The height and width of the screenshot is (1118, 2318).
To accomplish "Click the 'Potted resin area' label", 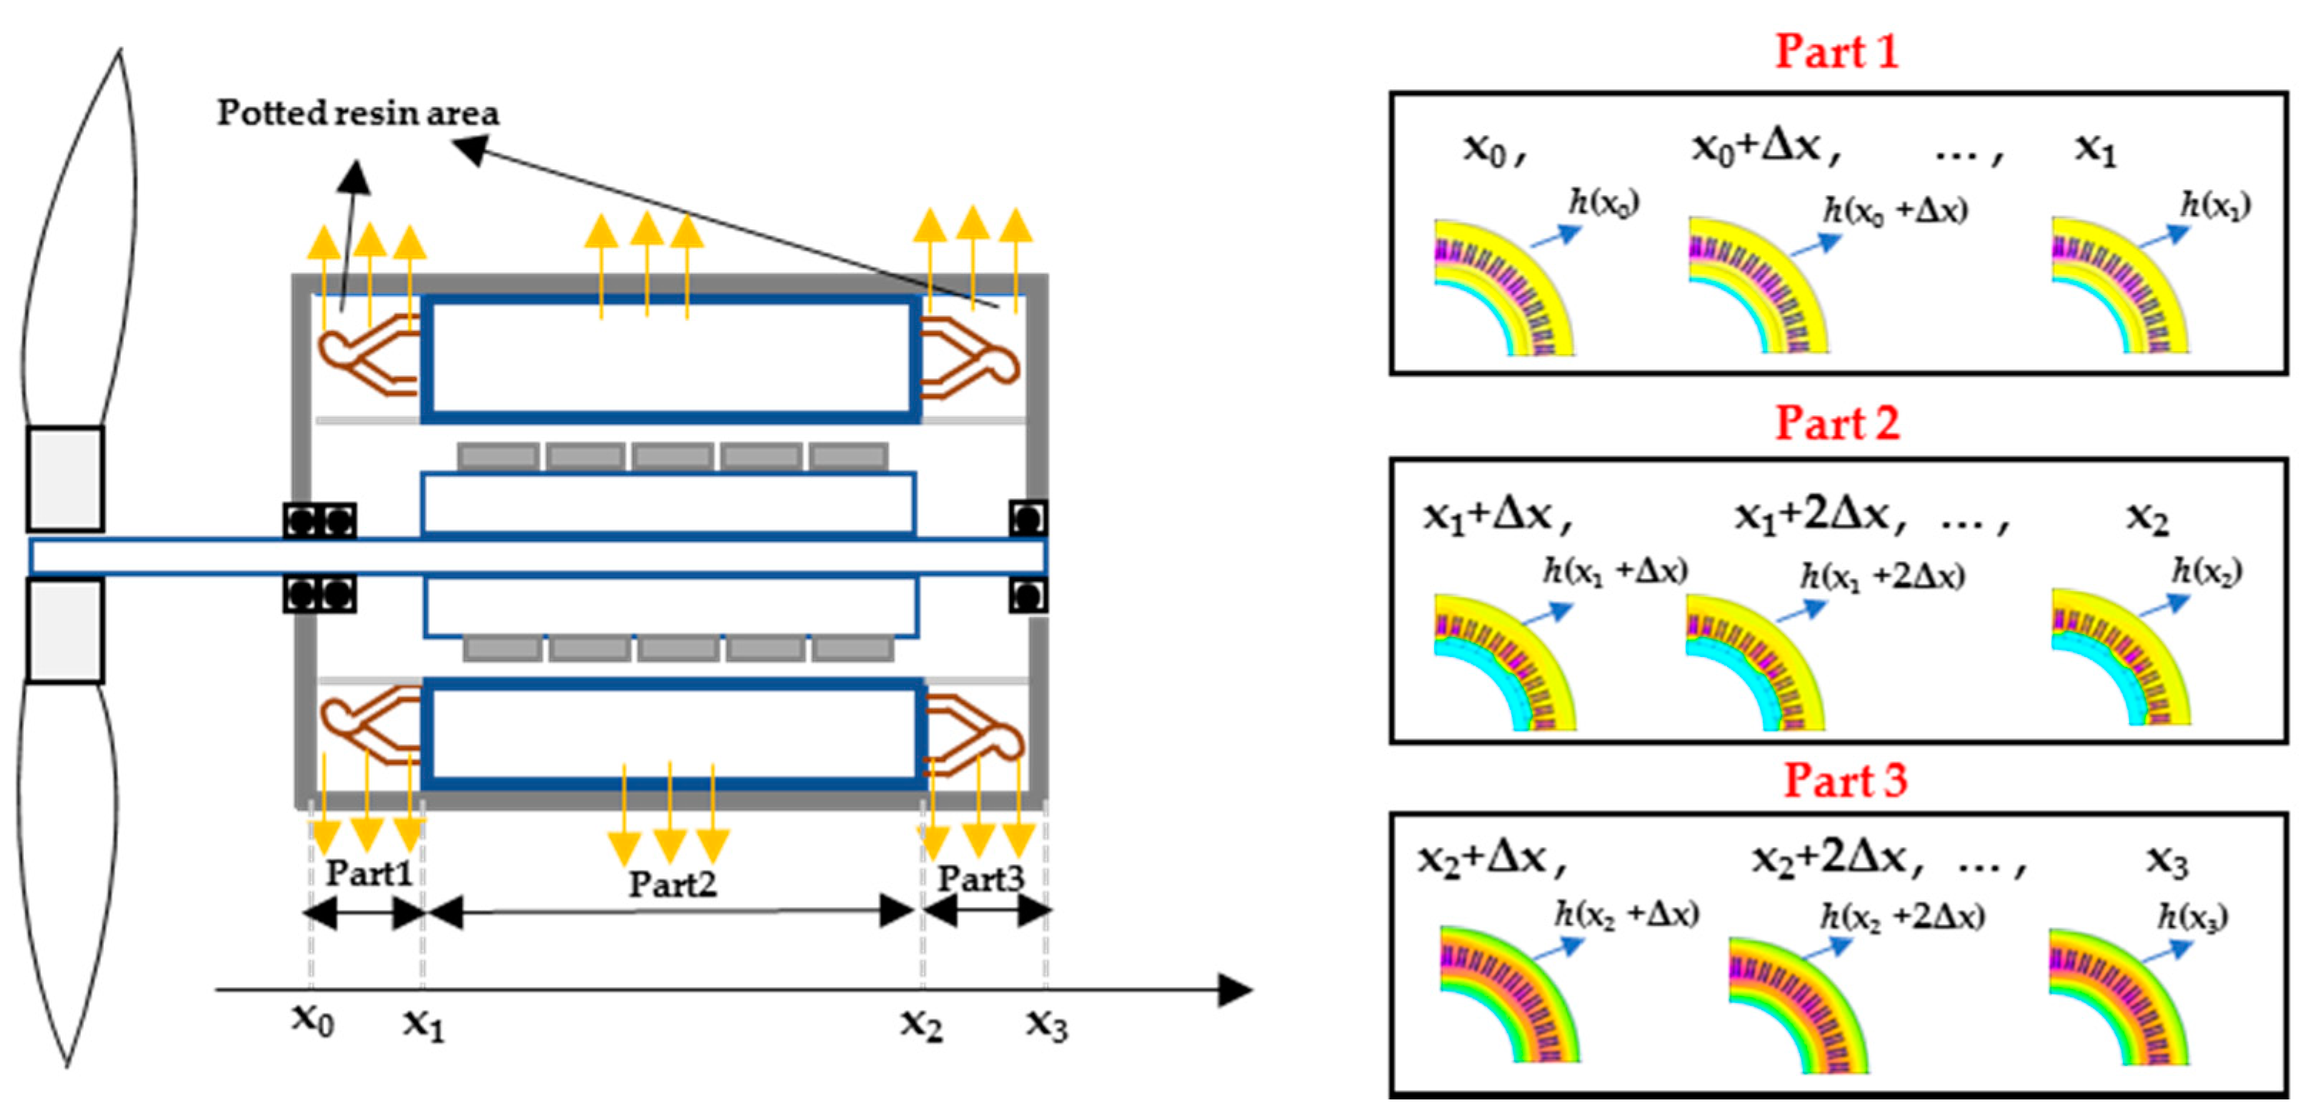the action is click(357, 114).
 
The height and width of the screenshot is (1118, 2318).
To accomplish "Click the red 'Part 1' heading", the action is click(1836, 51).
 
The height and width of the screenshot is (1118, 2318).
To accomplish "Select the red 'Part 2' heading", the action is click(1836, 422).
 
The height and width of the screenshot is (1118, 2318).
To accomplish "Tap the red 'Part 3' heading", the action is click(1846, 780).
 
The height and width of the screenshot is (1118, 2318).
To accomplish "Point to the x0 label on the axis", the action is click(312, 1020).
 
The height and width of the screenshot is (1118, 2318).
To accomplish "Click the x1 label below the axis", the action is click(423, 1024).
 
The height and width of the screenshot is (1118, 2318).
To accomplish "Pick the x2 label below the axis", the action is click(922, 1024).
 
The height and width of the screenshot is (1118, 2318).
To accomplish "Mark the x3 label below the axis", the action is click(1047, 1024).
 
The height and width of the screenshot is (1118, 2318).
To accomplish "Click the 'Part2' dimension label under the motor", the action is click(672, 884).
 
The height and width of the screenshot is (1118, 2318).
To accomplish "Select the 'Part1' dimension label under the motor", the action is click(369, 872).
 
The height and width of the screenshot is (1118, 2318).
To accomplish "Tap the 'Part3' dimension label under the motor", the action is click(981, 879).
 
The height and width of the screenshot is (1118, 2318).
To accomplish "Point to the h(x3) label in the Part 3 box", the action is click(2193, 917).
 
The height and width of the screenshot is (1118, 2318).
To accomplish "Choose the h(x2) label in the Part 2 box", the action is click(2207, 570).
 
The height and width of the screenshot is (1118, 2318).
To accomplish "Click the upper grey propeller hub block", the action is click(65, 479).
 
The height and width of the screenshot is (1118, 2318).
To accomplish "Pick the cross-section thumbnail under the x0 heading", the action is click(1503, 287).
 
